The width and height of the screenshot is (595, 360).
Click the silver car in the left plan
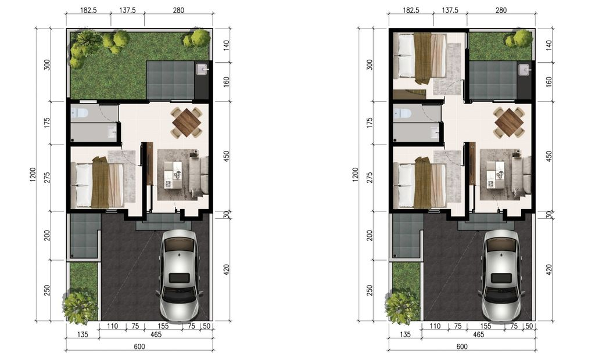click(179, 275)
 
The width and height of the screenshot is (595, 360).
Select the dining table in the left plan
click(187, 122)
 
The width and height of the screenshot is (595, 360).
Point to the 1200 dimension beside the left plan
click(33, 175)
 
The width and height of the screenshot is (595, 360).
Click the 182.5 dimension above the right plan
click(411, 10)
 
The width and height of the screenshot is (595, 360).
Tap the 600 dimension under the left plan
click(139, 346)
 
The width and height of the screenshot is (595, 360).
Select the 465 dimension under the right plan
click(479, 334)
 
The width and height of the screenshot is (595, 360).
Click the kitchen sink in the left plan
click(202, 70)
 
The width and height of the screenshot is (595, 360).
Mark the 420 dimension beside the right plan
click(549, 270)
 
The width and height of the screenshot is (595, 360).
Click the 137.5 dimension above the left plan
click(127, 10)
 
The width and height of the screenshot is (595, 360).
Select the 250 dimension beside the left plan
click(47, 290)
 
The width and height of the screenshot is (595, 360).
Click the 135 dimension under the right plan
click(405, 334)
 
